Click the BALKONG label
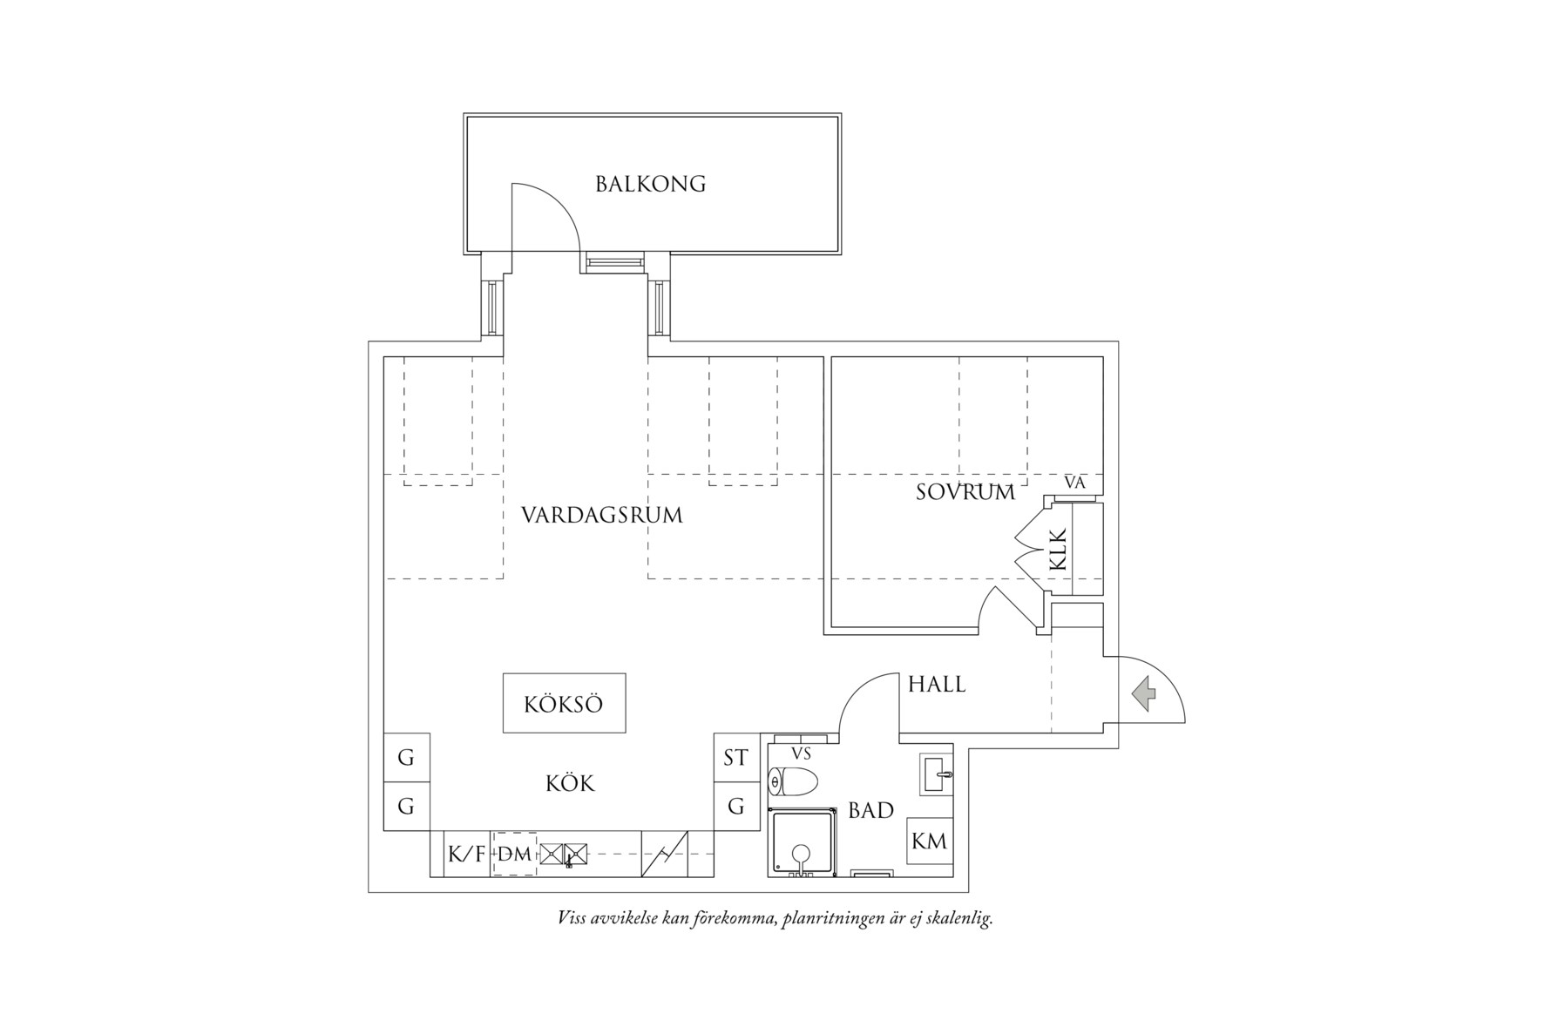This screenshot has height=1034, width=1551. point(650,185)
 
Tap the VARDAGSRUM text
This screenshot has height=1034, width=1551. point(601,515)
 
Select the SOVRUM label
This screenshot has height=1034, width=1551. point(965,492)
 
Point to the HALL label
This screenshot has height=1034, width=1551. point(937,685)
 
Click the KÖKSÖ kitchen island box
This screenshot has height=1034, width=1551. point(564,703)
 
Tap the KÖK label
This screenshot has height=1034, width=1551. point(570,784)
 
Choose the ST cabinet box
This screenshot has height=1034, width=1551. point(735,758)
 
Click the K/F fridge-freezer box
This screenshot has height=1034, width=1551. point(466,855)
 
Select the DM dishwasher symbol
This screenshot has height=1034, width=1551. point(514,855)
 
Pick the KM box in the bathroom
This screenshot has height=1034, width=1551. point(929,841)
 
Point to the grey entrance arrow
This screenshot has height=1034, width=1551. point(1144,694)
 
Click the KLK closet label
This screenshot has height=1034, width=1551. point(1058,550)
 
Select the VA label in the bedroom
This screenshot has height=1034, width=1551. point(1075,483)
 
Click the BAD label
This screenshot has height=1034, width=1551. point(870,811)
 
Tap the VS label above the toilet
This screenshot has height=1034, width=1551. point(801,754)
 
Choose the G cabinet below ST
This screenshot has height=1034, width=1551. point(736,808)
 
